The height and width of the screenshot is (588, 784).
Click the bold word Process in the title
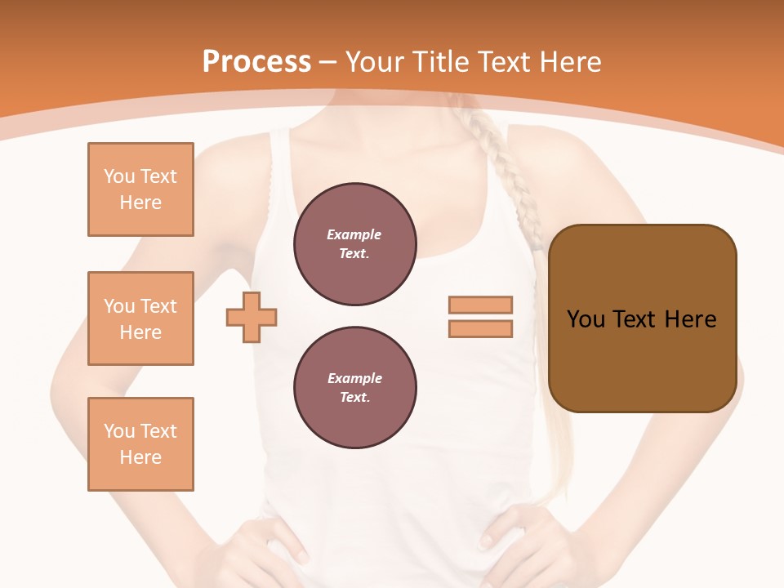click(x=256, y=61)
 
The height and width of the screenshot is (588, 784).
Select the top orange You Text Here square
click(x=140, y=189)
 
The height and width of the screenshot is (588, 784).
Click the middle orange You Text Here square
click(x=140, y=318)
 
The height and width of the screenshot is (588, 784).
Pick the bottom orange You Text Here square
click(x=140, y=444)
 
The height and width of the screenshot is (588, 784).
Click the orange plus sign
click(x=252, y=317)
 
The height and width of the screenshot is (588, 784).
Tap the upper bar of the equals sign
click(x=480, y=305)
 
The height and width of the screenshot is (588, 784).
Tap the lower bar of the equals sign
click(x=480, y=328)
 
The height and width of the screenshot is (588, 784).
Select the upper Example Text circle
click(x=354, y=244)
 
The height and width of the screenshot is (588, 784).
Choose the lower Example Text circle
click(x=354, y=388)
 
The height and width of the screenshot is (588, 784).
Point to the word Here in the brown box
click(x=690, y=319)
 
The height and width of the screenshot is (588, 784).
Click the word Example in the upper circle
click(x=354, y=234)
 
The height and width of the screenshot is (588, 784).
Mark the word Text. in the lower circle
click(x=354, y=398)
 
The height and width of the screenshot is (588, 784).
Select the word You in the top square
click(x=119, y=176)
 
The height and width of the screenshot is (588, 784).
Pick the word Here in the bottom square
click(x=140, y=457)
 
